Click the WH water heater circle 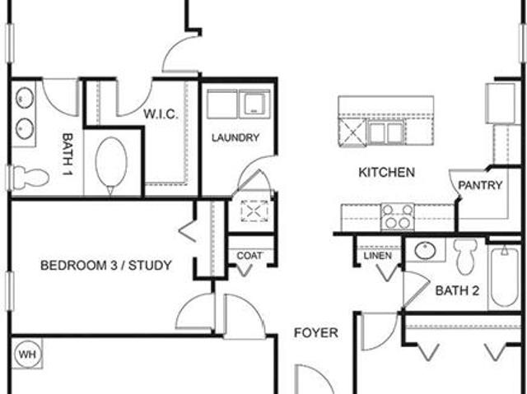(x=28, y=354)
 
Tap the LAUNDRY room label (x=236, y=137)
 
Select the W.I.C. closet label (x=161, y=114)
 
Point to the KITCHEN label (x=386, y=172)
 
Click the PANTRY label (x=480, y=185)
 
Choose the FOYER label (x=316, y=333)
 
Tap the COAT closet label (x=250, y=256)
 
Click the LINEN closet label (x=378, y=256)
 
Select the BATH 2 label (x=457, y=290)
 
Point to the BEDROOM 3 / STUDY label (x=106, y=266)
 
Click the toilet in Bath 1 (x=30, y=178)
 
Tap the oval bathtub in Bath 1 (x=111, y=165)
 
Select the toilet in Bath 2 (x=465, y=256)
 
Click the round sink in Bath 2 (x=425, y=250)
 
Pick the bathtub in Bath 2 (x=503, y=277)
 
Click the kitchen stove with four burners (x=398, y=217)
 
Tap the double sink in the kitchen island (x=385, y=133)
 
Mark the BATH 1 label (x=68, y=155)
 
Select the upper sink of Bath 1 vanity (x=25, y=98)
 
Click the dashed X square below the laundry (x=254, y=211)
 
